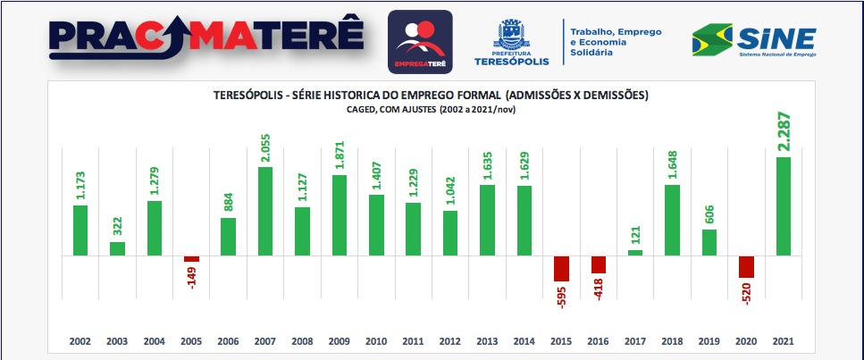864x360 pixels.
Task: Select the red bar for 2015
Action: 562,268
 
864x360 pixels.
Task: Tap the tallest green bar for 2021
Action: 784,206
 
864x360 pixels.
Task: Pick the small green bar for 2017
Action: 635,253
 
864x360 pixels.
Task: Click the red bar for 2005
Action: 191,259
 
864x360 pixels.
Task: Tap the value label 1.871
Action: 340,154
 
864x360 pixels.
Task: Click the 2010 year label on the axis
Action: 376,342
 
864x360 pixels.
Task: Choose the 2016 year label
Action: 599,342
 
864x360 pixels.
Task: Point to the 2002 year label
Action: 80,342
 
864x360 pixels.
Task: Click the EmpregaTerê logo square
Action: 420,41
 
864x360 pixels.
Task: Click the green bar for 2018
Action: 673,220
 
